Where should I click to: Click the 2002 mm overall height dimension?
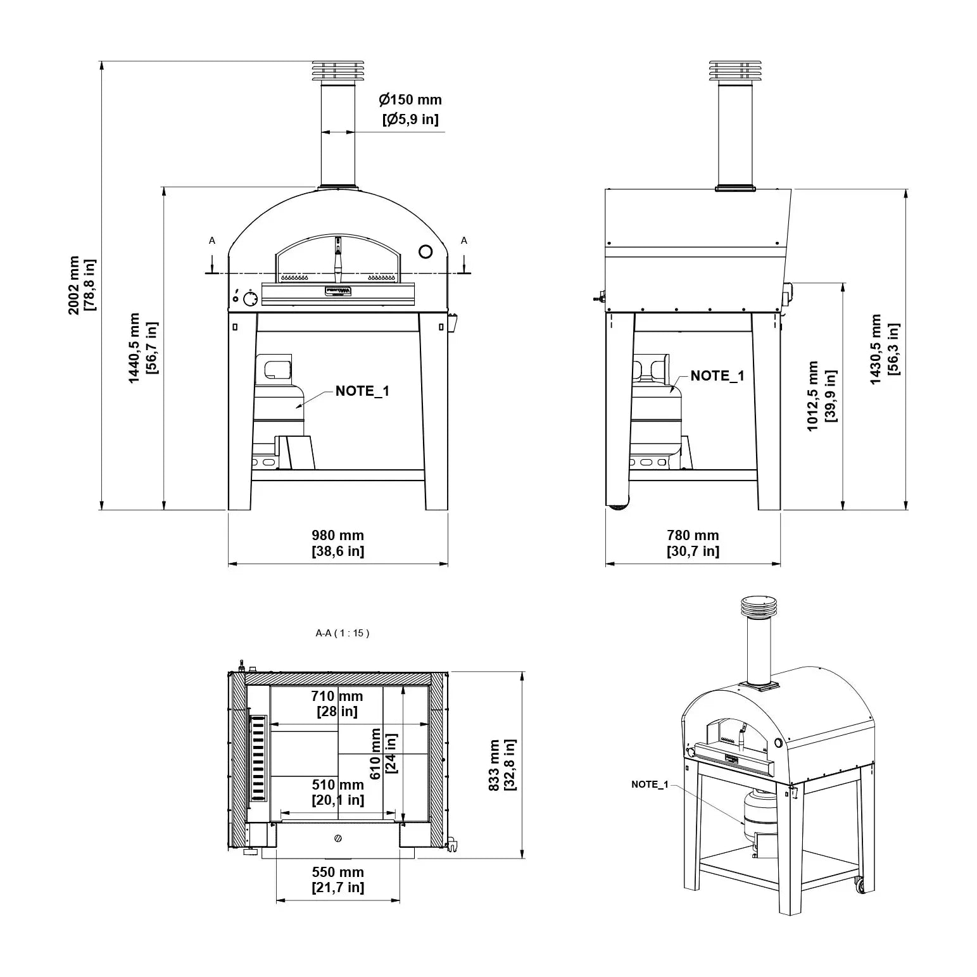82,285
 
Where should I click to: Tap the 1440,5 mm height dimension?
143,348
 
